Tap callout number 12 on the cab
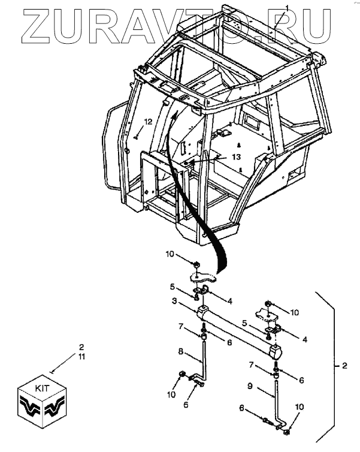click(147, 122)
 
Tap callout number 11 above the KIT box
click(82, 357)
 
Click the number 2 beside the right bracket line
click(344, 365)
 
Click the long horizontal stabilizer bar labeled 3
click(237, 330)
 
